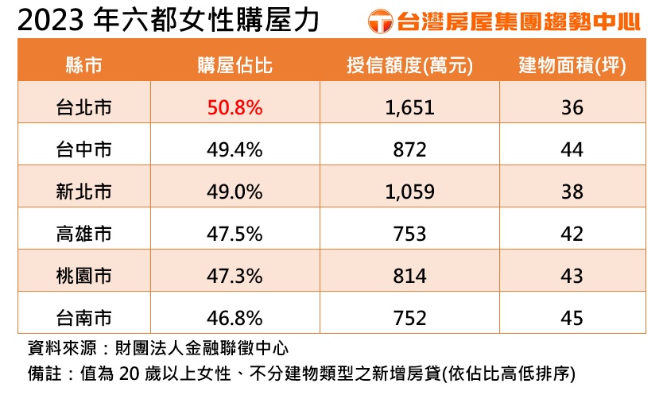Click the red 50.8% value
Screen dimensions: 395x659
(235, 107)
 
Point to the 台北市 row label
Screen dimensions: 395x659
(83, 107)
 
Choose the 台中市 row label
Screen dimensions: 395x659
(83, 149)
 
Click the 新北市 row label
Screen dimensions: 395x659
(83, 192)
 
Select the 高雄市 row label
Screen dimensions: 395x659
(83, 234)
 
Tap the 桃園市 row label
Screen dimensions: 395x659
(83, 276)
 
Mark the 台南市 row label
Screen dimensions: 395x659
(83, 318)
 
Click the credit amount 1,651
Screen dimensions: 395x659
(409, 107)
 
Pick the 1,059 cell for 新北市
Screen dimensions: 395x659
(409, 192)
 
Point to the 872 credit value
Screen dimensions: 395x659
(409, 149)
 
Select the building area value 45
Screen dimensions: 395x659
(572, 318)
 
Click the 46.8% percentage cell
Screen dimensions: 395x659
(235, 318)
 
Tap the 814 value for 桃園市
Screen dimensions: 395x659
(409, 276)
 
